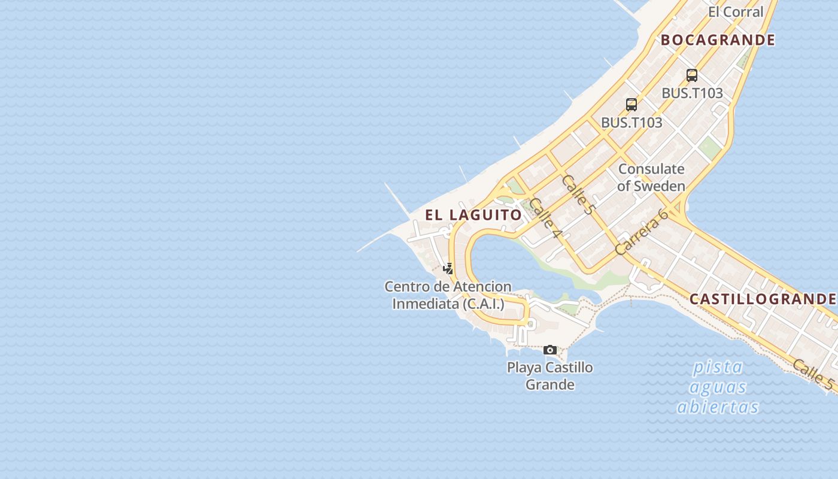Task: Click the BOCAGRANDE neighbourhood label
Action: [718, 40]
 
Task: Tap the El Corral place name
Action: [736, 11]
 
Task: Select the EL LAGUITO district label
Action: [473, 214]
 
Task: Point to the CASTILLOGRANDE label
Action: [763, 299]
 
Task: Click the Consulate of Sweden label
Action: [651, 177]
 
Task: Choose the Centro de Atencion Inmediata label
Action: [448, 295]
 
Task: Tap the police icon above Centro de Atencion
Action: [448, 268]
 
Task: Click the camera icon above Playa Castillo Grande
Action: [550, 350]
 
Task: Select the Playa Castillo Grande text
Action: [550, 375]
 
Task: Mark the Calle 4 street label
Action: [545, 217]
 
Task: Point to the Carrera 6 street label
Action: [641, 232]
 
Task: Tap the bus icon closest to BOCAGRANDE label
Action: [692, 75]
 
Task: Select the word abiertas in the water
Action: [718, 407]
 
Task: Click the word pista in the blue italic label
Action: [718, 366]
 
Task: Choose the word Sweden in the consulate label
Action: [659, 186]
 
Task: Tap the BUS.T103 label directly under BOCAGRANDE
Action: [692, 93]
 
